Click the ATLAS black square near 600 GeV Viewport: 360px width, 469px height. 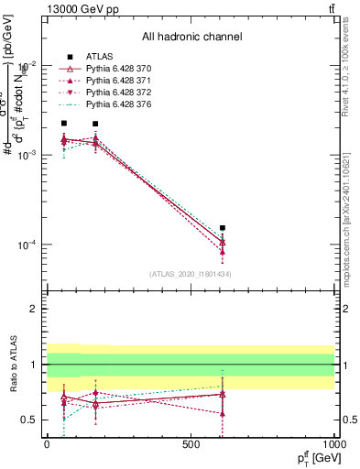(223, 228)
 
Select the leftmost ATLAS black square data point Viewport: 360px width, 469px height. (63, 123)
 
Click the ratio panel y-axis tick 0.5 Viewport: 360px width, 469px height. (29, 420)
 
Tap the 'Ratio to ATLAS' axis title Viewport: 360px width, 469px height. (12, 364)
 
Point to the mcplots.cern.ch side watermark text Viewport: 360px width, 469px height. (351, 220)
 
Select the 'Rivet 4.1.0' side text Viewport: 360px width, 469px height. (351, 64)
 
